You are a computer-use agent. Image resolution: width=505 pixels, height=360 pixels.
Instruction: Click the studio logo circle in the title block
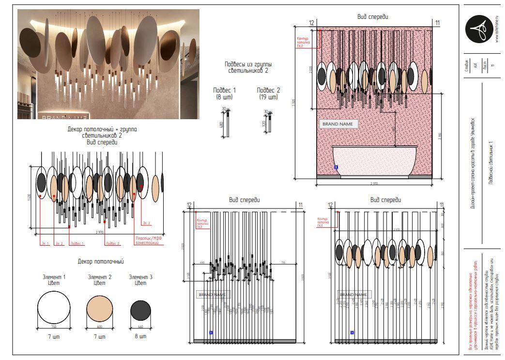point(479,29)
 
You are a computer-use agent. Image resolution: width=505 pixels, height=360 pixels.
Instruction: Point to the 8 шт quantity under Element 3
point(140,337)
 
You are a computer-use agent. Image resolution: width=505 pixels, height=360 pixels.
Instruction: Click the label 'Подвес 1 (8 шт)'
point(225,94)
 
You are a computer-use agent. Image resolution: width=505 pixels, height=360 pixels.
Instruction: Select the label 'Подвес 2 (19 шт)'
point(268,94)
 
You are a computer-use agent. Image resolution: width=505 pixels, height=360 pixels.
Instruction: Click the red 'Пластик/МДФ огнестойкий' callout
point(147,241)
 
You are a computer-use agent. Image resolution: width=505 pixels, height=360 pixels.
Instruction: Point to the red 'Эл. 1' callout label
point(45,243)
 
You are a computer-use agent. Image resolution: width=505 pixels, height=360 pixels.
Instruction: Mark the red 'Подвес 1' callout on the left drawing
point(77,243)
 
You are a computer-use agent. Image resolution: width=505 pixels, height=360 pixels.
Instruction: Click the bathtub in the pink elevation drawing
point(374,161)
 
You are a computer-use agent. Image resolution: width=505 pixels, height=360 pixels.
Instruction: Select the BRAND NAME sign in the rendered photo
point(64,117)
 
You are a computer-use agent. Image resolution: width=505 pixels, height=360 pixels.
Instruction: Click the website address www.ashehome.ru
point(497,28)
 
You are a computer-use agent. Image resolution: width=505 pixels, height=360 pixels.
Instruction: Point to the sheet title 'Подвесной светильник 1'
point(490,162)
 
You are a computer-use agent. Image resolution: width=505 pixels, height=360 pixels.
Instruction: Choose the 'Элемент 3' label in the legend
point(140,277)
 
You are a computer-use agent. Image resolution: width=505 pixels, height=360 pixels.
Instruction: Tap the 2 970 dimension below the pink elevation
point(374,183)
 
